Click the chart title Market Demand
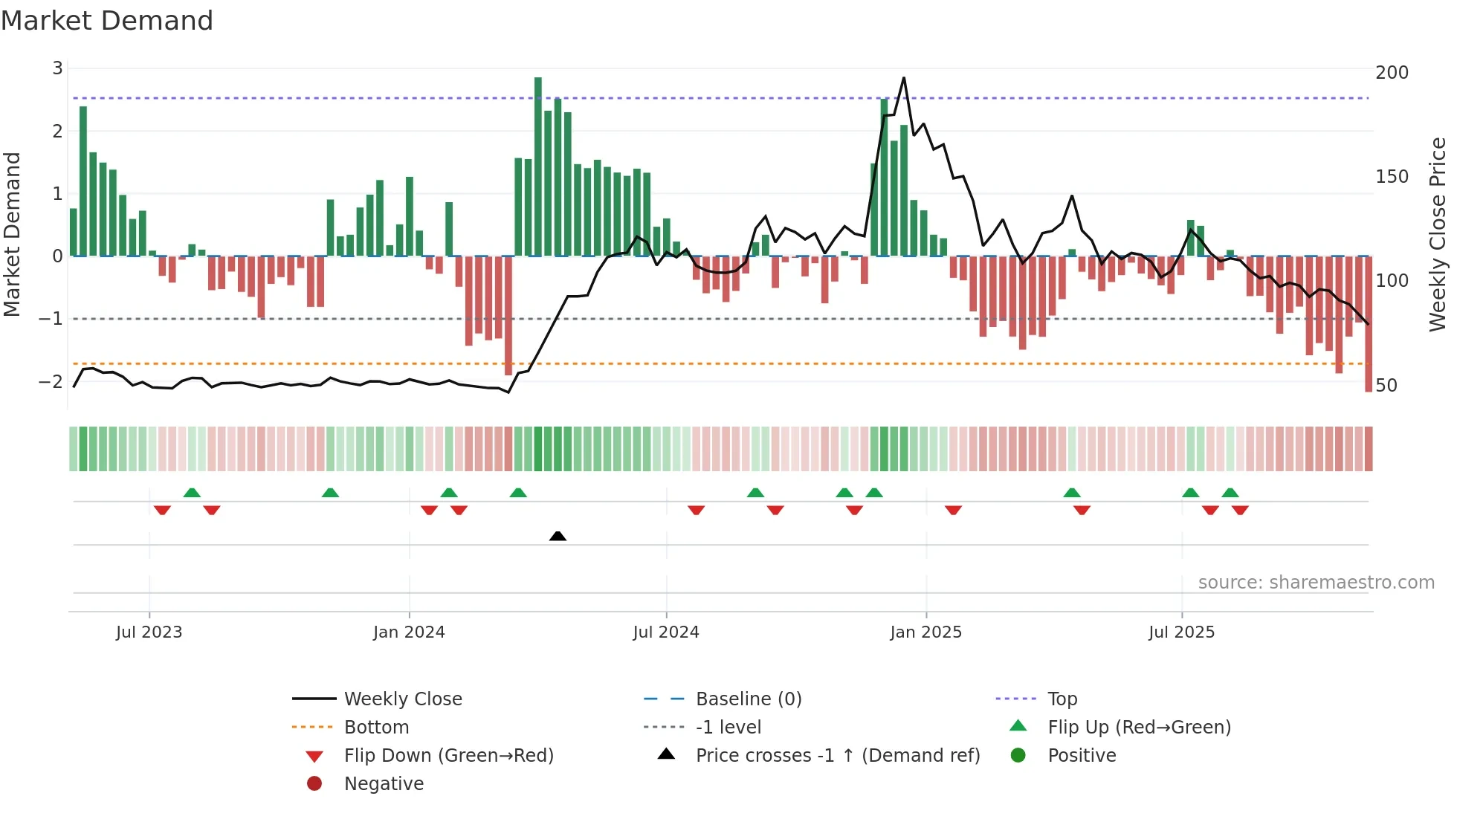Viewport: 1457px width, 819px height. pos(107,21)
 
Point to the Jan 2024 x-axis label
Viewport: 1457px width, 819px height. pos(409,632)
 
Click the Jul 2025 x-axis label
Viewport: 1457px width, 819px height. pos(1181,632)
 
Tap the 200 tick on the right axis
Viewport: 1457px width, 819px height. pos(1392,73)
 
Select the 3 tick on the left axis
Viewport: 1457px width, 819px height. pos(57,68)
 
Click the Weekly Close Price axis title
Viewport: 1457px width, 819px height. pos(1438,234)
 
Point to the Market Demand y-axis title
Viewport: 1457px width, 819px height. pos(13,234)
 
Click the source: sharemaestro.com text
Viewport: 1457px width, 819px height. pos(1316,583)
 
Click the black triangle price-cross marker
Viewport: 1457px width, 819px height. pos(558,536)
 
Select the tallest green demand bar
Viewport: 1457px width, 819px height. pos(538,167)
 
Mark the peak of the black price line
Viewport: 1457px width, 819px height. pos(904,77)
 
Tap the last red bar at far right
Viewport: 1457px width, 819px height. pos(1369,324)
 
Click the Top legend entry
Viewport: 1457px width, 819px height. pos(1062,699)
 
